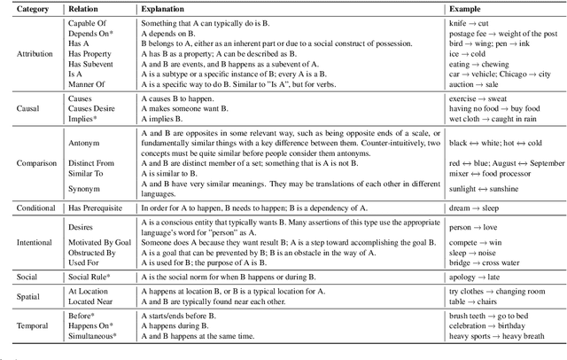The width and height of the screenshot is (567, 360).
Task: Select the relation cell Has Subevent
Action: pyautogui.click(x=95, y=62)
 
